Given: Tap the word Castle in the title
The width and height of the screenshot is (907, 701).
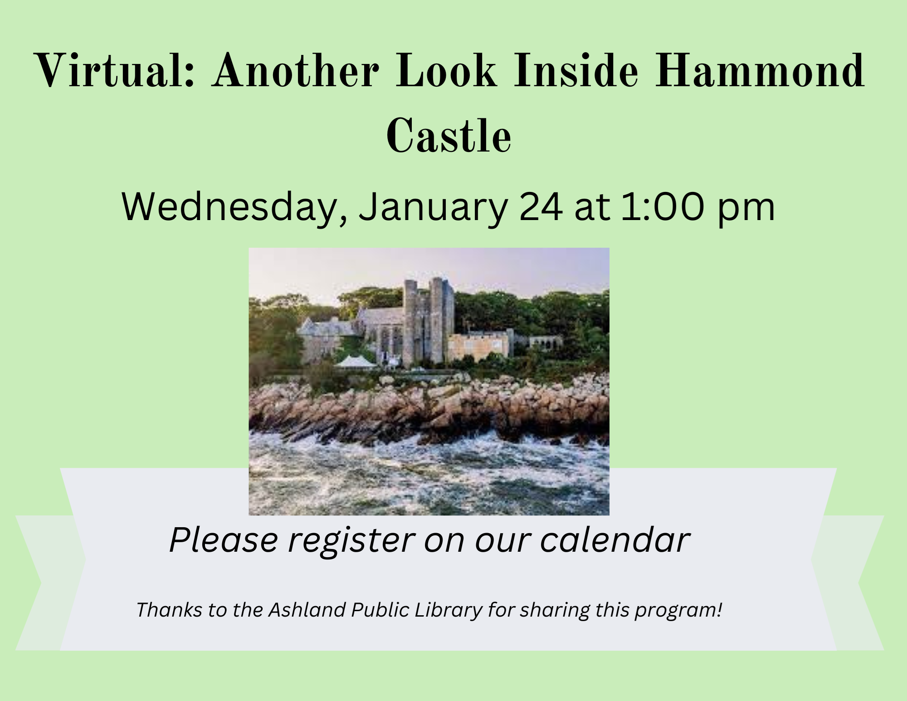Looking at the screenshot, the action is coord(449,135).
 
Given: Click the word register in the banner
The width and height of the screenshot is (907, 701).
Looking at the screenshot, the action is coord(351,541).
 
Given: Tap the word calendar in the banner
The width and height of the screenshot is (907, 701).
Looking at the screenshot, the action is coord(615,540).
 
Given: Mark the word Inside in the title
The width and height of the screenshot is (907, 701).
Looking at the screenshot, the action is coord(575,71).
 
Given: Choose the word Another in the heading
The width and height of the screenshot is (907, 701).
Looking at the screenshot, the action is coord(297,71).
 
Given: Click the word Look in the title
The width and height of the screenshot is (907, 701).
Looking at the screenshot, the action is coord(446,71).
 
